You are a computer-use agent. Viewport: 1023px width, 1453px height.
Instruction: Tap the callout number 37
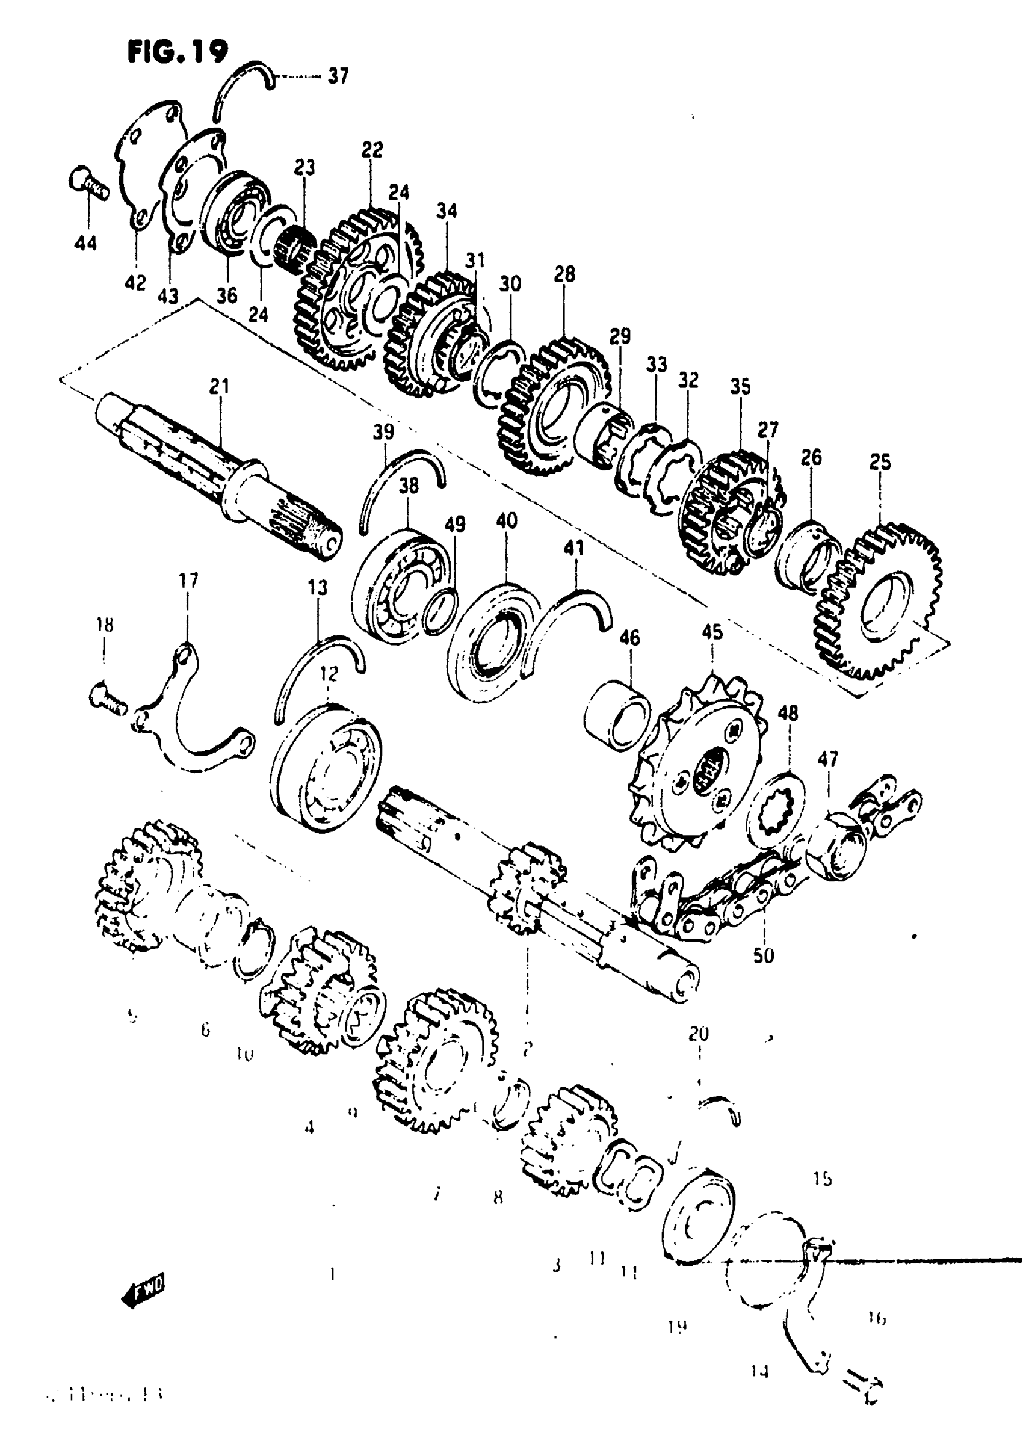(338, 76)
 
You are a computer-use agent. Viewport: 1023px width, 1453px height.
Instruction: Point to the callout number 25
(880, 462)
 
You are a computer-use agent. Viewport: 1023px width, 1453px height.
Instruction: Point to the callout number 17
(188, 581)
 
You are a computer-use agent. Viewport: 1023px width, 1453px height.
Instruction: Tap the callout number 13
(317, 588)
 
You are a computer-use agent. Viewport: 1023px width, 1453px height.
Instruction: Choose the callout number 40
(507, 521)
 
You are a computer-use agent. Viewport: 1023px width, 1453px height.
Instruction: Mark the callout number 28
(564, 274)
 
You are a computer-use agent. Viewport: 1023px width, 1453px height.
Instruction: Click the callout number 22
(372, 150)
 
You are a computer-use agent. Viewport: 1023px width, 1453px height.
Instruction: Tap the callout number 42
(135, 283)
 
